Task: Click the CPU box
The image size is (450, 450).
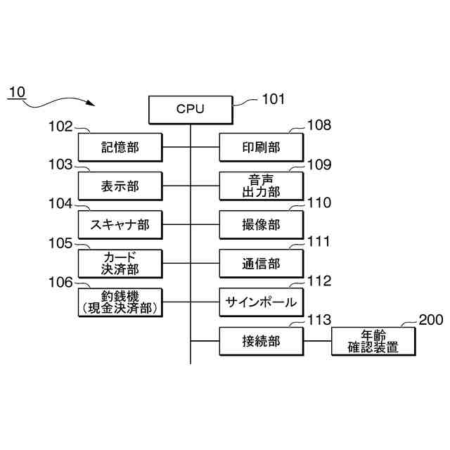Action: pyautogui.click(x=191, y=110)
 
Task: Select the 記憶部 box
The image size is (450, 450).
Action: pyautogui.click(x=120, y=147)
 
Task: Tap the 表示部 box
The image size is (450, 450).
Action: pyautogui.click(x=120, y=186)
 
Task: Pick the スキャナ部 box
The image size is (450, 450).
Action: pyautogui.click(x=120, y=225)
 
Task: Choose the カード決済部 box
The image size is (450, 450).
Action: pyautogui.click(x=120, y=264)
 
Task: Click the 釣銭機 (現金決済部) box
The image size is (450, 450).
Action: pyautogui.click(x=120, y=302)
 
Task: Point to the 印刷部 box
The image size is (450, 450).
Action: pyautogui.click(x=261, y=147)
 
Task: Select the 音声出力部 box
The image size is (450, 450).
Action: pyautogui.click(x=261, y=186)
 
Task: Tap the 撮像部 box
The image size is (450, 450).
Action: pyautogui.click(x=261, y=225)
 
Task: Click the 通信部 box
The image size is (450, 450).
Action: pyautogui.click(x=261, y=264)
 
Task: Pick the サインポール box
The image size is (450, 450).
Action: pyautogui.click(x=261, y=302)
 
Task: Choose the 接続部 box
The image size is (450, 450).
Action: pyautogui.click(x=261, y=341)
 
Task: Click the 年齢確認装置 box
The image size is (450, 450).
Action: pyautogui.click(x=373, y=341)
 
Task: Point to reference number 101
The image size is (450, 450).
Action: pyautogui.click(x=274, y=99)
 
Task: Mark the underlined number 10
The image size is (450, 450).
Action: pyautogui.click(x=17, y=92)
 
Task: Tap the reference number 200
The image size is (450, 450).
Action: pyautogui.click(x=431, y=320)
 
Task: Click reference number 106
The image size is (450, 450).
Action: pyautogui.click(x=60, y=283)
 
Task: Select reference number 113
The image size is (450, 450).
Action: pyautogui.click(x=319, y=320)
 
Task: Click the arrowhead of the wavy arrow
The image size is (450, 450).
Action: pyautogui.click(x=91, y=103)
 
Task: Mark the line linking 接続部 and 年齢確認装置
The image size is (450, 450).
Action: pyautogui.click(x=317, y=341)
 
